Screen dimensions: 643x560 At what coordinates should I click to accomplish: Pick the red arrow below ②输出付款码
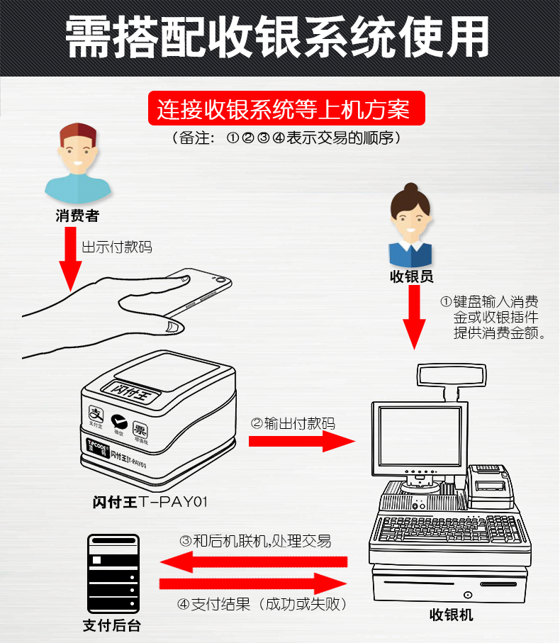301,441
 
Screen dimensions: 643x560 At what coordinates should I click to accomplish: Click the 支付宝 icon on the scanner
95,413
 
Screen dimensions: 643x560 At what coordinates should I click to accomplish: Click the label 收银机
451,615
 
